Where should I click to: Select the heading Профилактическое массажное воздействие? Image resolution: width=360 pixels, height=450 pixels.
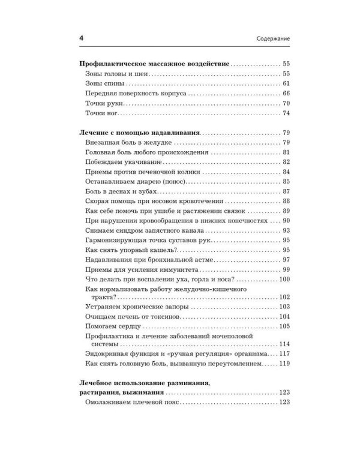point(155,63)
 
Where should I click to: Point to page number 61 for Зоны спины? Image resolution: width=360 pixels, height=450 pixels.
point(286,83)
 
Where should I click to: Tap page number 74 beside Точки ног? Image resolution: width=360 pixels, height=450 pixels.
point(286,114)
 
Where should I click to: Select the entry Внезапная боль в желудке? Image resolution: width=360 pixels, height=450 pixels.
point(129,142)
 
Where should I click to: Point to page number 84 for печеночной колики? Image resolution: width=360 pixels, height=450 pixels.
point(286,173)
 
